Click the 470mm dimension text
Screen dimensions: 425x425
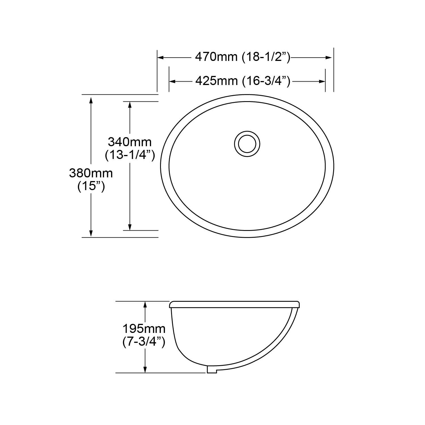[x=216, y=57]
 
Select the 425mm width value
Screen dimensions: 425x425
[x=216, y=81]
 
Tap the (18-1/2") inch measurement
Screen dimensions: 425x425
[x=266, y=57]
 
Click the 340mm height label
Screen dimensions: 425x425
[x=130, y=141]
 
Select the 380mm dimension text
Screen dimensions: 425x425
[x=91, y=173]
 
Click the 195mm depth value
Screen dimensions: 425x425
[x=144, y=329]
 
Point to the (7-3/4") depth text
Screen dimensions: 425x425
[x=144, y=342]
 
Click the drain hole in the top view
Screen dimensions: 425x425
[x=247, y=144]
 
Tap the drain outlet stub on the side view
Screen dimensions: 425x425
[x=212, y=369]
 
